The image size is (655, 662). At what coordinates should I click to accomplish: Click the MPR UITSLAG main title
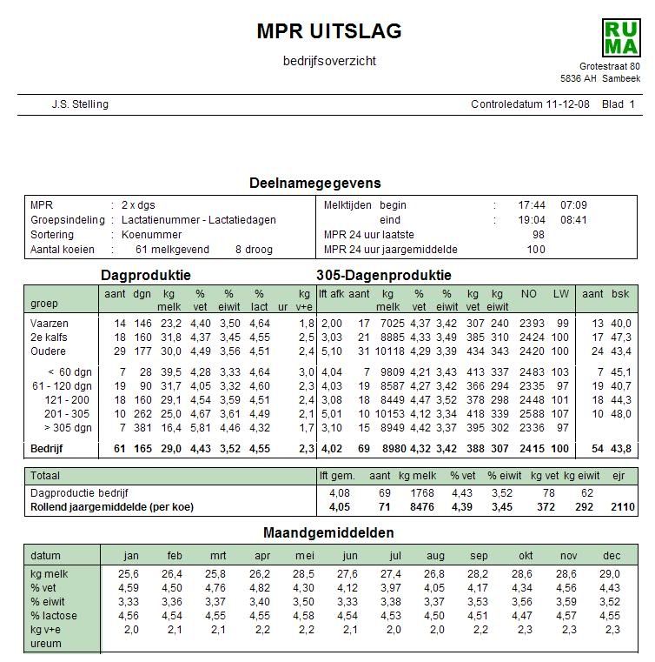click(329, 31)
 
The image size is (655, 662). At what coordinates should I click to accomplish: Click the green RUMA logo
click(620, 37)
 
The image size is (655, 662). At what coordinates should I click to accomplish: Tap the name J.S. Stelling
click(80, 104)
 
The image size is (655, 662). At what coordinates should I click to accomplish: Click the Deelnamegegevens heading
click(314, 184)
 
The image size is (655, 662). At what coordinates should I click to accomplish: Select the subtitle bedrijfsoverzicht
click(329, 61)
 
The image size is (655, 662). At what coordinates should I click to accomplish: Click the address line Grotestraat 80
click(610, 67)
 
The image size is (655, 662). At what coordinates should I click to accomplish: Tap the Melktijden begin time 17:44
click(531, 205)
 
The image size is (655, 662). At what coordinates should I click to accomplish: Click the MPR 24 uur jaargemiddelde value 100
click(536, 250)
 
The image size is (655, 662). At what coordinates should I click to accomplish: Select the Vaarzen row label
click(49, 324)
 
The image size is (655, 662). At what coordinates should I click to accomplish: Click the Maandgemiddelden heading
click(328, 532)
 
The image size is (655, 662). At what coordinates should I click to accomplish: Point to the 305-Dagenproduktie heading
click(384, 275)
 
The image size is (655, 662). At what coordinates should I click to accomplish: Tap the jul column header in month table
click(395, 555)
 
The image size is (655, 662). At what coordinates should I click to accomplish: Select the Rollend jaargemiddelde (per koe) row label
click(111, 505)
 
